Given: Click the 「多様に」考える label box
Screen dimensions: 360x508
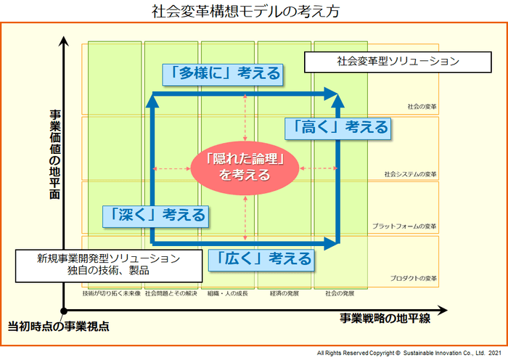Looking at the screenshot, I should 221,73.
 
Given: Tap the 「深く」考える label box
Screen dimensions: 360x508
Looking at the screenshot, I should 155,215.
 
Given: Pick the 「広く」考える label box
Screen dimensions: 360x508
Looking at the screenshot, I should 261,258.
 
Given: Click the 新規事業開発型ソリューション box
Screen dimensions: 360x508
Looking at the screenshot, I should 108,264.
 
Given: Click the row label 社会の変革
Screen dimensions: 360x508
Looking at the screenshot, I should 422,106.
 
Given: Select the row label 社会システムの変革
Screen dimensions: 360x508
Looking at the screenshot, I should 411,174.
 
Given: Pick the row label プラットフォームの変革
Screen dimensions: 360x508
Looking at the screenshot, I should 405,226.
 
